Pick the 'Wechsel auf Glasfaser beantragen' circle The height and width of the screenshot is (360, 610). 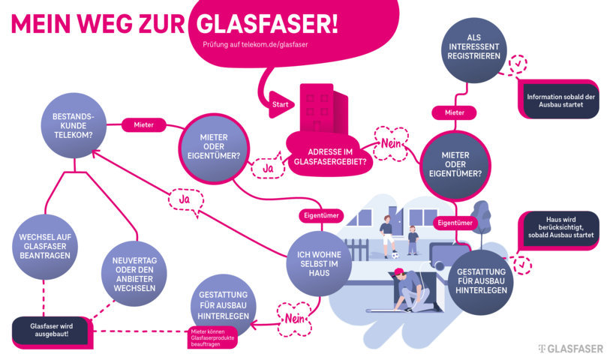click(46, 249)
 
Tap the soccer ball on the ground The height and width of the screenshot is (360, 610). click(395, 256)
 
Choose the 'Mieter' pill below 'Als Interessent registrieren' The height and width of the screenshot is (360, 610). click(455, 112)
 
